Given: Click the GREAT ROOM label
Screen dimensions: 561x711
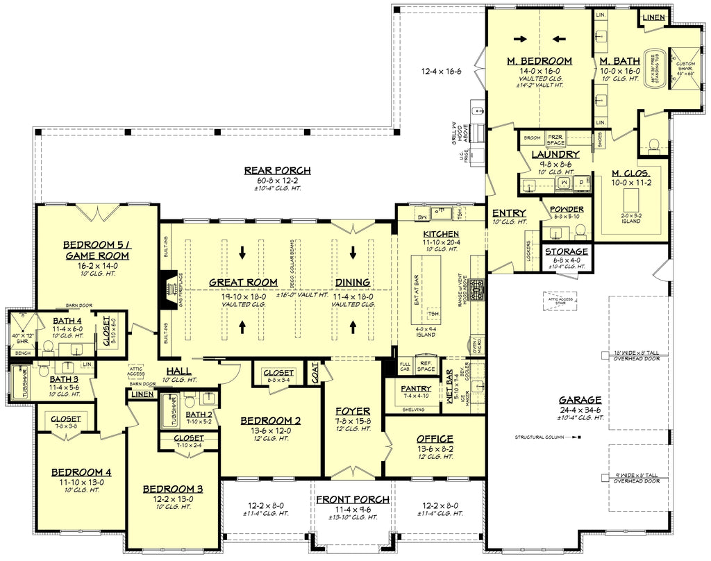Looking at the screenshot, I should (x=243, y=283).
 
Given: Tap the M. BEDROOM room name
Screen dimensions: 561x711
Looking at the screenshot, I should (x=539, y=61).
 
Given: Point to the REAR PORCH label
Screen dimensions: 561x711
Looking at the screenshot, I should (x=277, y=170).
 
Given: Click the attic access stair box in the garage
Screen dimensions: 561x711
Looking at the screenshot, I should (x=560, y=299).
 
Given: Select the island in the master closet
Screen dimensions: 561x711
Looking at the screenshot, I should (x=630, y=201).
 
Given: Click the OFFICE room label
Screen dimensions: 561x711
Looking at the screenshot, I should (x=435, y=439).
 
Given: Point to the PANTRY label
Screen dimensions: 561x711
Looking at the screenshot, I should (x=417, y=388).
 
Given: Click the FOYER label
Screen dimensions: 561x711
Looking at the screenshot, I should (x=353, y=411).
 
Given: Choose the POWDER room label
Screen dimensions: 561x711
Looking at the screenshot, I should (x=567, y=209).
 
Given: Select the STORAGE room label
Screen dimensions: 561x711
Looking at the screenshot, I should (x=567, y=251).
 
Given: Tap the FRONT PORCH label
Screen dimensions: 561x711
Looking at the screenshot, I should (x=353, y=500).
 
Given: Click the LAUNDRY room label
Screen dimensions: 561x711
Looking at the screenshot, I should (x=555, y=154).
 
